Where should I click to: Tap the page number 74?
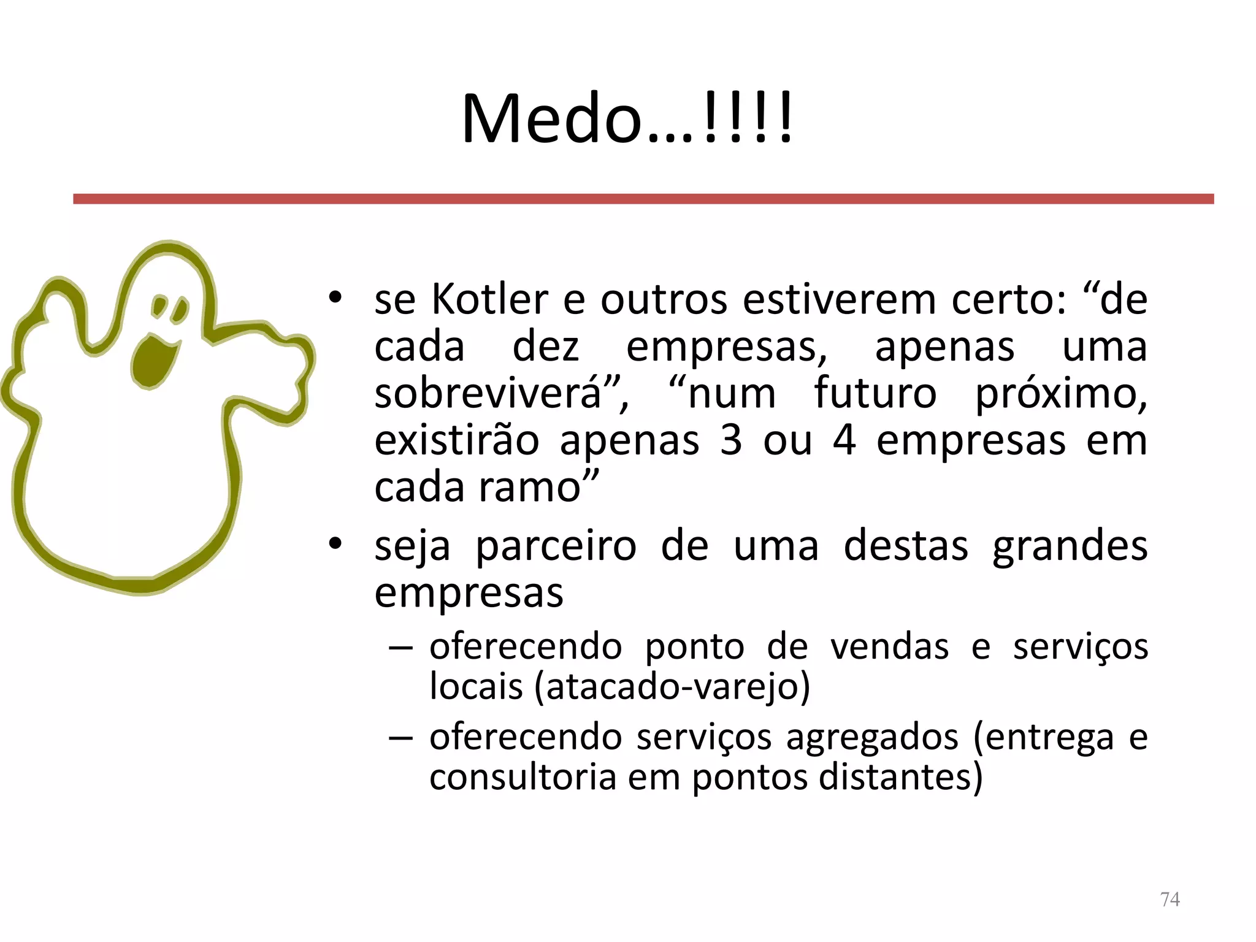(1170, 899)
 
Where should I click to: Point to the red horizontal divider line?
(643, 199)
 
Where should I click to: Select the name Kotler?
(489, 300)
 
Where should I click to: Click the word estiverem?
(840, 300)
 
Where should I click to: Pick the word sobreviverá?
(488, 394)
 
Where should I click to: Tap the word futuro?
(875, 394)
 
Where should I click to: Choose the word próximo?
(1061, 395)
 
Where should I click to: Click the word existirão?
(457, 440)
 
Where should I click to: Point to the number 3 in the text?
(730, 440)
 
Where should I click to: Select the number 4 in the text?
(844, 440)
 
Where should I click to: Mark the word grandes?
(1070, 546)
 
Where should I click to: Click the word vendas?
(890, 646)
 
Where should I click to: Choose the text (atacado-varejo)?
(672, 687)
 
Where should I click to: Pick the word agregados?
(871, 737)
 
